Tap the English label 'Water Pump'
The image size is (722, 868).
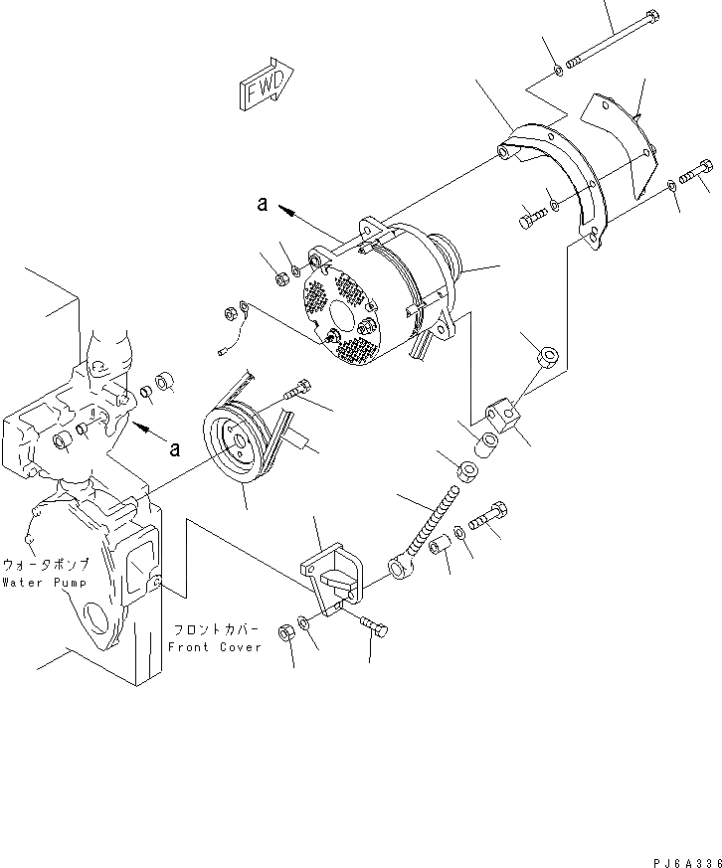coord(43,583)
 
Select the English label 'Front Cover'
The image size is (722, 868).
coord(215,647)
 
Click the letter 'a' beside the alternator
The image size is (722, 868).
coord(263,204)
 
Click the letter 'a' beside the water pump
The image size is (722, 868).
coord(175,448)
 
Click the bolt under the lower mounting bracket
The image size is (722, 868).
coord(372,626)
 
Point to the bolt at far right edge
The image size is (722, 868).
coord(693,172)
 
